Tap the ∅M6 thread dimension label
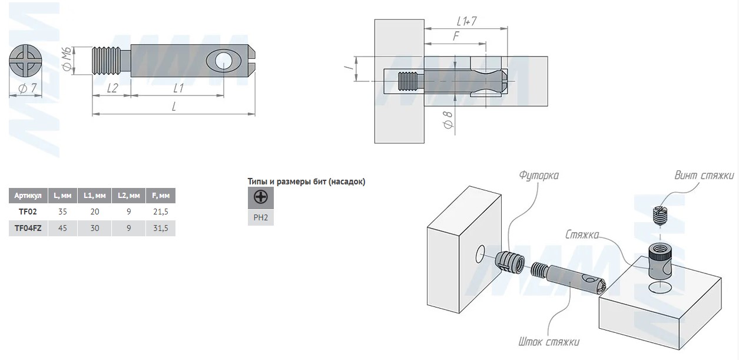click(x=68, y=60)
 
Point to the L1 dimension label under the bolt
click(x=178, y=88)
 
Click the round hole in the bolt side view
click(x=223, y=61)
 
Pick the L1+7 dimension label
click(x=466, y=21)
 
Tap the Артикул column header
click(x=28, y=196)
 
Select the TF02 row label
click(x=28, y=212)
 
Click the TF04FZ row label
click(x=28, y=228)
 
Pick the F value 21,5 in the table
click(x=160, y=212)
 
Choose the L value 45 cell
click(x=61, y=228)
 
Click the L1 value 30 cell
click(x=94, y=228)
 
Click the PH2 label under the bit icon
click(x=260, y=217)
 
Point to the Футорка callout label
click(x=538, y=176)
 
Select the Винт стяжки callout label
click(x=704, y=176)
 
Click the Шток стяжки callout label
click(x=549, y=342)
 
